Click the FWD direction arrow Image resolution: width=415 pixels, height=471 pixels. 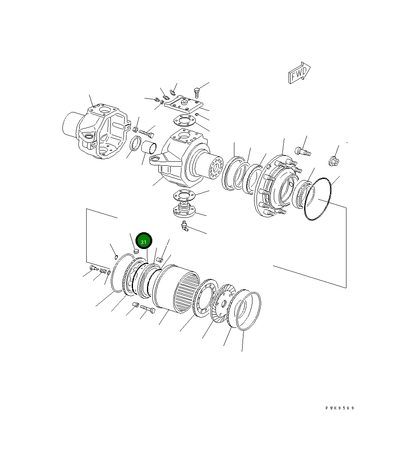299,73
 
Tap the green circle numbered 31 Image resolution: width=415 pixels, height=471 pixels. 144,242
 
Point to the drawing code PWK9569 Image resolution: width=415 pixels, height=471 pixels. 339,408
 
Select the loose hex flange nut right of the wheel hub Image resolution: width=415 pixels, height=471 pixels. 334,161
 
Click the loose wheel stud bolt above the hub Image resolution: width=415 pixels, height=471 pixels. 303,152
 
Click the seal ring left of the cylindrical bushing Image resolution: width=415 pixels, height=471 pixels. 135,145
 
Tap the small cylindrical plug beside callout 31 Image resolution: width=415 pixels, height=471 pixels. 136,251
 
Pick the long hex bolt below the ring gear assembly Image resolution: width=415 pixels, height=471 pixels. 148,309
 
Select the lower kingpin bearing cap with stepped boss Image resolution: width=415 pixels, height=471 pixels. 183,210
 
